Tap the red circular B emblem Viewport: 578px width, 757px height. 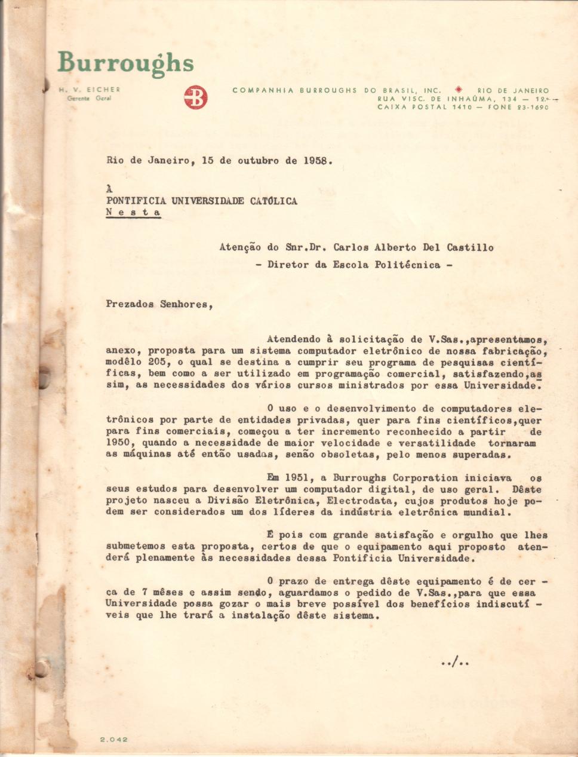click(195, 97)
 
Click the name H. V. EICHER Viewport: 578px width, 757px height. click(90, 89)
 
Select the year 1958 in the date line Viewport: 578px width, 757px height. click(315, 161)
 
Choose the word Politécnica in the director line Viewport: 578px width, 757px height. click(407, 265)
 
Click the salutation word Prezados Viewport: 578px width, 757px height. click(130, 304)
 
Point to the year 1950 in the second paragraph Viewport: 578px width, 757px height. click(118, 443)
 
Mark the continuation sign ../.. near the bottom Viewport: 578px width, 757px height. click(454, 661)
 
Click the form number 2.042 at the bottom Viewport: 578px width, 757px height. click(113, 739)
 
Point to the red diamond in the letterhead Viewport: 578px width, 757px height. click(459, 90)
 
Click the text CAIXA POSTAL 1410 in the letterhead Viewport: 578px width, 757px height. click(425, 107)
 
